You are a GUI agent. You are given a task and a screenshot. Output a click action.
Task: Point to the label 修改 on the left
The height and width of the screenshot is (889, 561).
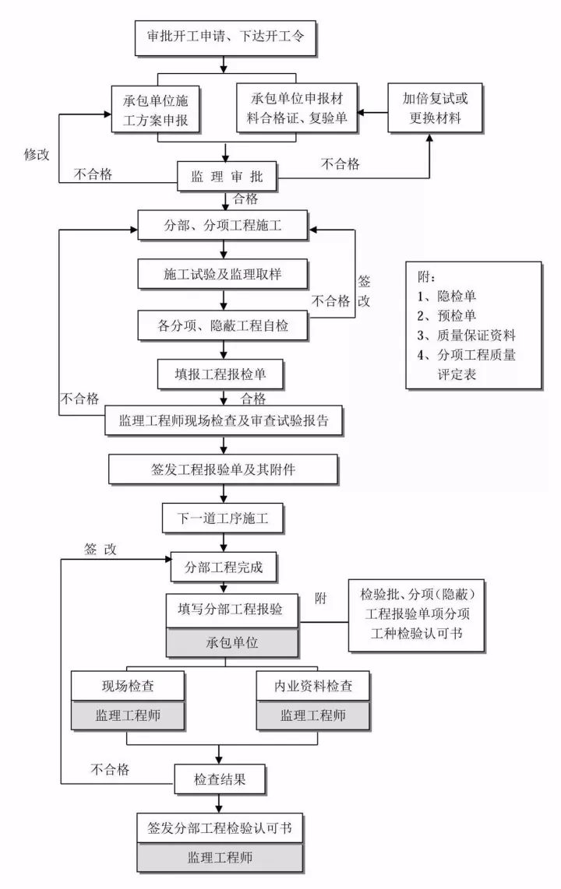[37, 153]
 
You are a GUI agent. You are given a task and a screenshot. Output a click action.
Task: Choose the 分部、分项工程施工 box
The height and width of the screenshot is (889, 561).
[224, 227]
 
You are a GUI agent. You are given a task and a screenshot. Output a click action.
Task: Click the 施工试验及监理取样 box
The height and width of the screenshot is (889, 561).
[224, 276]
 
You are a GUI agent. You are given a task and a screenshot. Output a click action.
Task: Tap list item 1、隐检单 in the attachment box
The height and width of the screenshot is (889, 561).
[447, 297]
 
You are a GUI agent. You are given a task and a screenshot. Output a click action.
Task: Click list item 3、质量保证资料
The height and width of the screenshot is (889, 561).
[466, 336]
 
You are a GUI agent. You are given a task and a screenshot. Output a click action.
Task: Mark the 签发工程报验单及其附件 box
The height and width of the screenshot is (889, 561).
[224, 469]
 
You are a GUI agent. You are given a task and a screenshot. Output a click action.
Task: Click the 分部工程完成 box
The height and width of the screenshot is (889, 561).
[224, 567]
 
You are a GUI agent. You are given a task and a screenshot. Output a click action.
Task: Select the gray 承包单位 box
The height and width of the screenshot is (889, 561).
[232, 644]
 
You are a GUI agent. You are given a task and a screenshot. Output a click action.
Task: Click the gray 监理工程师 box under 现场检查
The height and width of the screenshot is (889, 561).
[128, 715]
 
